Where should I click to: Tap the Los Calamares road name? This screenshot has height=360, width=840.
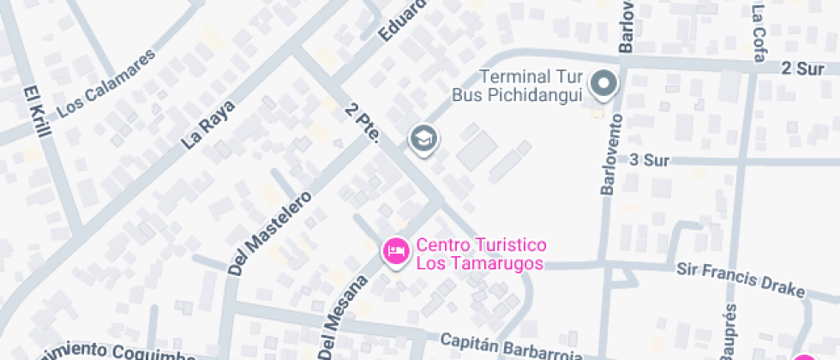pyautogui.click(x=107, y=83)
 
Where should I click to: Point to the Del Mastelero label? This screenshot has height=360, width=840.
pyautogui.click(x=270, y=231)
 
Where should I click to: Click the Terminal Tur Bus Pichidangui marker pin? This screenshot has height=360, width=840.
pyautogui.click(x=605, y=84)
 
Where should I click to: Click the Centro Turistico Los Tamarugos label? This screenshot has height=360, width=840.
pyautogui.click(x=480, y=255)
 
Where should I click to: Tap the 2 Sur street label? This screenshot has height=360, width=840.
pyautogui.click(x=802, y=68)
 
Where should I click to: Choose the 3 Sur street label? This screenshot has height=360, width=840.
pyautogui.click(x=648, y=159)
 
